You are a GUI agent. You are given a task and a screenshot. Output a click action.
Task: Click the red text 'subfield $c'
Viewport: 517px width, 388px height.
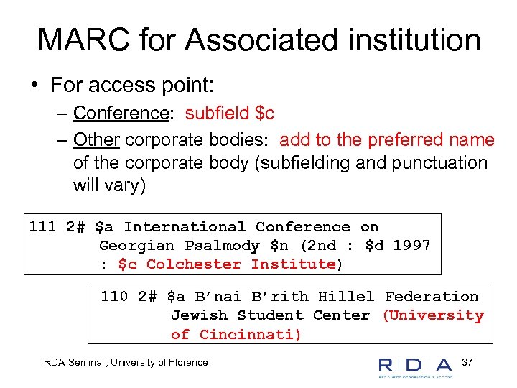(230, 114)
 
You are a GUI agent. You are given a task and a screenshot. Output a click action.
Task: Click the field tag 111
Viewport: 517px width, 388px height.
(42, 227)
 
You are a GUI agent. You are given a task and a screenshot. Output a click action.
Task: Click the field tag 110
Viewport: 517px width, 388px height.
(114, 296)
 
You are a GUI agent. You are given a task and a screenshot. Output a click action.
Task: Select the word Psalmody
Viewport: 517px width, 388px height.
(222, 246)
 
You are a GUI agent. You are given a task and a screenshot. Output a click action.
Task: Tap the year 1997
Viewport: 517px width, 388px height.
(411, 246)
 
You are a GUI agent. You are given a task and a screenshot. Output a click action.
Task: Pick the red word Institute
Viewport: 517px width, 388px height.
(293, 264)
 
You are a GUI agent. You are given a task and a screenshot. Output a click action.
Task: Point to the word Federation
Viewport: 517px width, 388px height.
(431, 296)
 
